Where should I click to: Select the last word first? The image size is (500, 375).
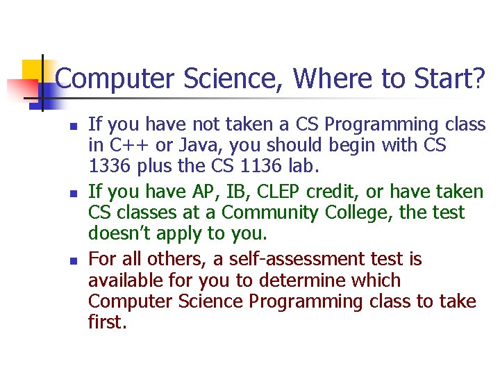pyautogui.click(x=108, y=324)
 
